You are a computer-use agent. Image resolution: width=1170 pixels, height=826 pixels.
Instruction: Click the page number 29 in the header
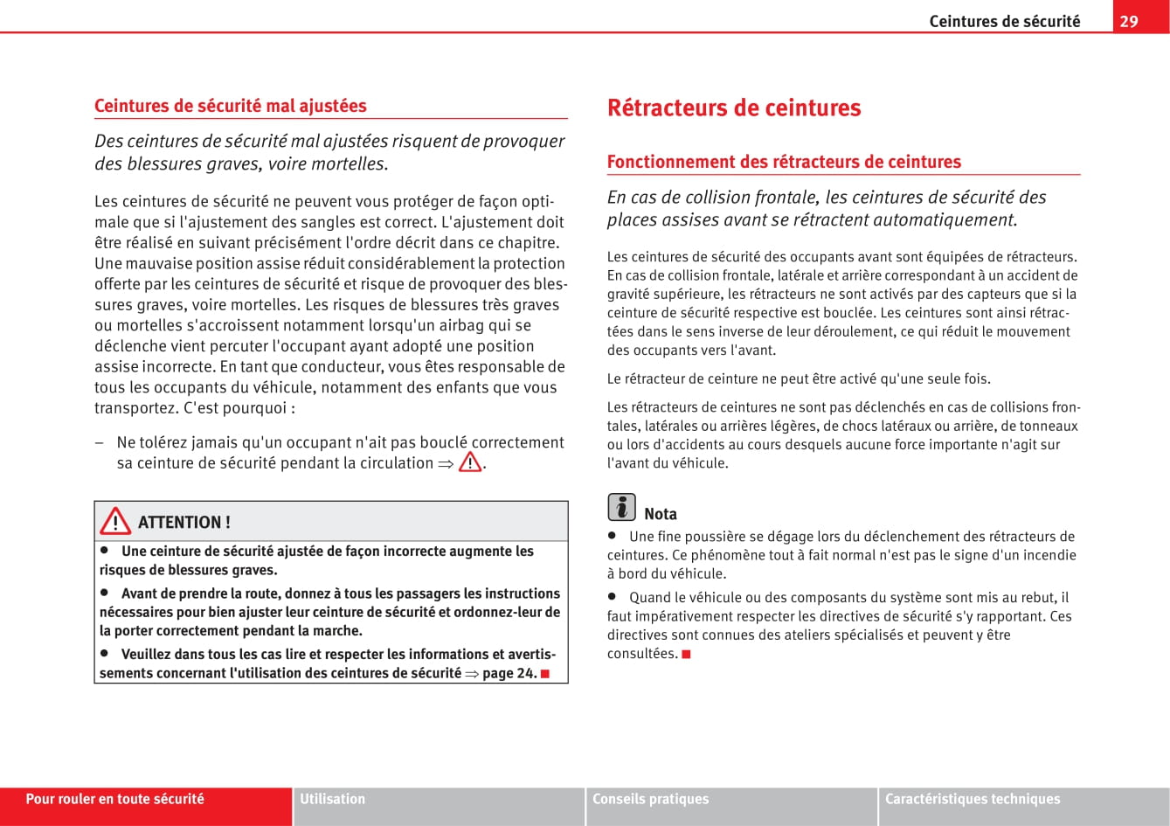(1129, 21)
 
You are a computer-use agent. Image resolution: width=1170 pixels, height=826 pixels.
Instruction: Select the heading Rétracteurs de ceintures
(734, 108)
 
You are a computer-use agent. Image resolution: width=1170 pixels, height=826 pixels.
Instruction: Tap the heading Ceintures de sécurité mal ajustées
(231, 106)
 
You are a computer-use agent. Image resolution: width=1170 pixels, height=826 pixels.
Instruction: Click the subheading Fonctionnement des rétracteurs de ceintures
(784, 162)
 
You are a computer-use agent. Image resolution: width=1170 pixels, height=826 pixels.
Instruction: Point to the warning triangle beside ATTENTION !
(114, 522)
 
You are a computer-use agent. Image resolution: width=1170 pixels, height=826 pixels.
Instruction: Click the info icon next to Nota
(621, 507)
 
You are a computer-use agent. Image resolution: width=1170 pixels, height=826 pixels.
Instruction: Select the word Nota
(661, 514)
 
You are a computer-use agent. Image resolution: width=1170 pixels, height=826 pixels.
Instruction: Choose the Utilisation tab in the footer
(333, 799)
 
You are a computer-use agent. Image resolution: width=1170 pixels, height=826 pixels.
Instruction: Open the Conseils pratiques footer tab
(651, 799)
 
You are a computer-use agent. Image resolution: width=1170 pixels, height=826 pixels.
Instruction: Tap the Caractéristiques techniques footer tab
(973, 799)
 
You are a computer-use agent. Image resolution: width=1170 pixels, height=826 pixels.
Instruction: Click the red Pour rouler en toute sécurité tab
(114, 799)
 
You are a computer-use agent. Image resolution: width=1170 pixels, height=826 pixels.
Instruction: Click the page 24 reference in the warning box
(509, 673)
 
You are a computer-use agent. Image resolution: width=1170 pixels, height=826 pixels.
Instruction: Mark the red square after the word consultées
(687, 654)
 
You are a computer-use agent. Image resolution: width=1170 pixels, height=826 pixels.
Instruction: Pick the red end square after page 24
(545, 673)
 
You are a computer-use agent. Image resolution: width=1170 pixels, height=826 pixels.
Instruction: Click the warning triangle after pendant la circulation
(470, 462)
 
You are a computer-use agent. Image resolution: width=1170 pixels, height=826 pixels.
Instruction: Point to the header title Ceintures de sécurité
(1004, 21)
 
